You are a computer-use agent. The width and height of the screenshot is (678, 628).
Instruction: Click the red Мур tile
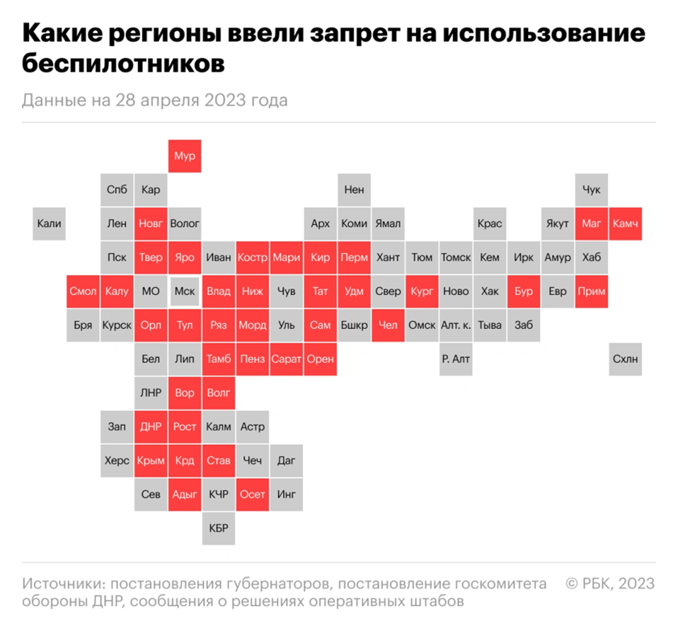185,156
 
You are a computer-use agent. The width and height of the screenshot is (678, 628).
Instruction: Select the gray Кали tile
49,223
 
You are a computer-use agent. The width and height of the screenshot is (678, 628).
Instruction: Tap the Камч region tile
626,223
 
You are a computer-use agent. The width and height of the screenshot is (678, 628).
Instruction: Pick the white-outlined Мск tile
185,291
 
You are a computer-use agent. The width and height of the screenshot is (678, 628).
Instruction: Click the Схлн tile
626,359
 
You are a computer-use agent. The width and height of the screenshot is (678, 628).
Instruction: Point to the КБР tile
218,528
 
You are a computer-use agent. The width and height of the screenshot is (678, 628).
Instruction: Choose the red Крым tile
151,460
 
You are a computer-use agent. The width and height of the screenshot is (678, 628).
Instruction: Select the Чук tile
592,189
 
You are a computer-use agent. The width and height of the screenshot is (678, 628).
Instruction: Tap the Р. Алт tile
455,359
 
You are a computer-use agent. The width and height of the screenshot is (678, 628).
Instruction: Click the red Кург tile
422,291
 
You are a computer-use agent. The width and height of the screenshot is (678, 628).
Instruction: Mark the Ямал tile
388,223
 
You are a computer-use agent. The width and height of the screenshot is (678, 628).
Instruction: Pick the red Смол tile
83,291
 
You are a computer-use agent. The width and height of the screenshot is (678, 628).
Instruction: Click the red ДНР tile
151,426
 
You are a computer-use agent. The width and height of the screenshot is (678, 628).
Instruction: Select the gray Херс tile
117,460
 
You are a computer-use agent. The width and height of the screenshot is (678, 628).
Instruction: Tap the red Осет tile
252,494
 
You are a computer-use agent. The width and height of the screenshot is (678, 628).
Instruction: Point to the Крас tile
489,223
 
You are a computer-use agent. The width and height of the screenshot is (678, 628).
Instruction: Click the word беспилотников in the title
123,64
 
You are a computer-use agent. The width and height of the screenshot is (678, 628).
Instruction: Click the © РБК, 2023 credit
609,583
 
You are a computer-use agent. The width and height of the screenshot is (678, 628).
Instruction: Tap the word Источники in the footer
63,583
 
